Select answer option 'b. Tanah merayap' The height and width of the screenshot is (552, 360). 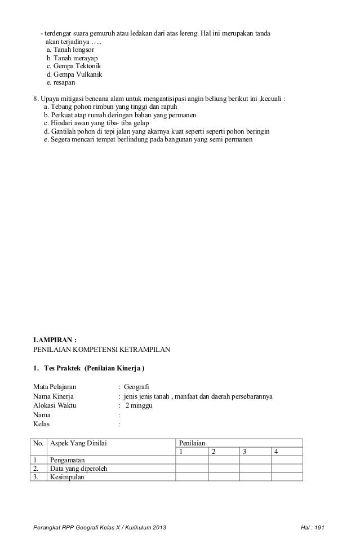pos(75,58)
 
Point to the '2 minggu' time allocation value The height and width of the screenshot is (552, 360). pos(139,405)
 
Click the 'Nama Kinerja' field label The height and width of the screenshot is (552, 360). pos(55,396)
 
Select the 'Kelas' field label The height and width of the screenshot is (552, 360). pos(43,423)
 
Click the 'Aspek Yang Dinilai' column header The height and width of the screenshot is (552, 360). pos(79,443)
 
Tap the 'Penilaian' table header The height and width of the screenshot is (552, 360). pos(193,443)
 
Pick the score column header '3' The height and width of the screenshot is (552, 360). pos(245,452)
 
